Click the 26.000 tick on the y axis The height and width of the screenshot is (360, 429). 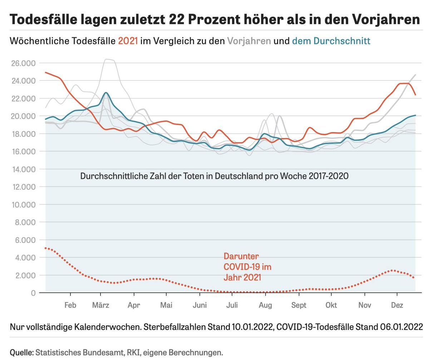click(x=23, y=63)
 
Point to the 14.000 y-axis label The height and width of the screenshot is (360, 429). click(x=23, y=169)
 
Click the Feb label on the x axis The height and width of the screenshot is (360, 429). click(x=70, y=305)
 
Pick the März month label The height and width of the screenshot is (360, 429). click(x=101, y=305)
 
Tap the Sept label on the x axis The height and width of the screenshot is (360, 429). click(x=299, y=305)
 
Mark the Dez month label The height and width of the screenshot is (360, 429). click(x=397, y=305)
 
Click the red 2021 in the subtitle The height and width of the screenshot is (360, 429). click(x=128, y=41)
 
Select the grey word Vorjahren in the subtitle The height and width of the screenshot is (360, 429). click(x=249, y=41)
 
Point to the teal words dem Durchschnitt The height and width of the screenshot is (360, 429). click(x=331, y=41)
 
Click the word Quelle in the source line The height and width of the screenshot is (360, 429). click(x=21, y=352)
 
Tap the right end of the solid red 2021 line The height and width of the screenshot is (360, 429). click(x=415, y=95)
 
